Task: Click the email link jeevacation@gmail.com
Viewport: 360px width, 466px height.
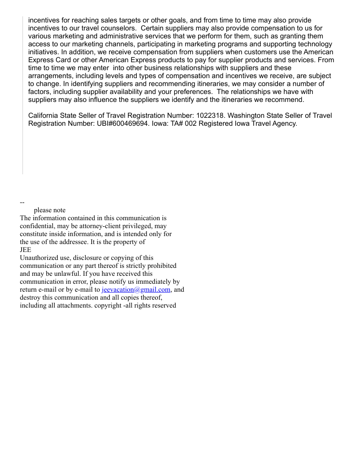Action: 136,289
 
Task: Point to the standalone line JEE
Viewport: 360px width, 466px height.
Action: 26,250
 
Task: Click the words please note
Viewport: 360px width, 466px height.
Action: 49,210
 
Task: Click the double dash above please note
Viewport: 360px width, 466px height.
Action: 22,203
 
